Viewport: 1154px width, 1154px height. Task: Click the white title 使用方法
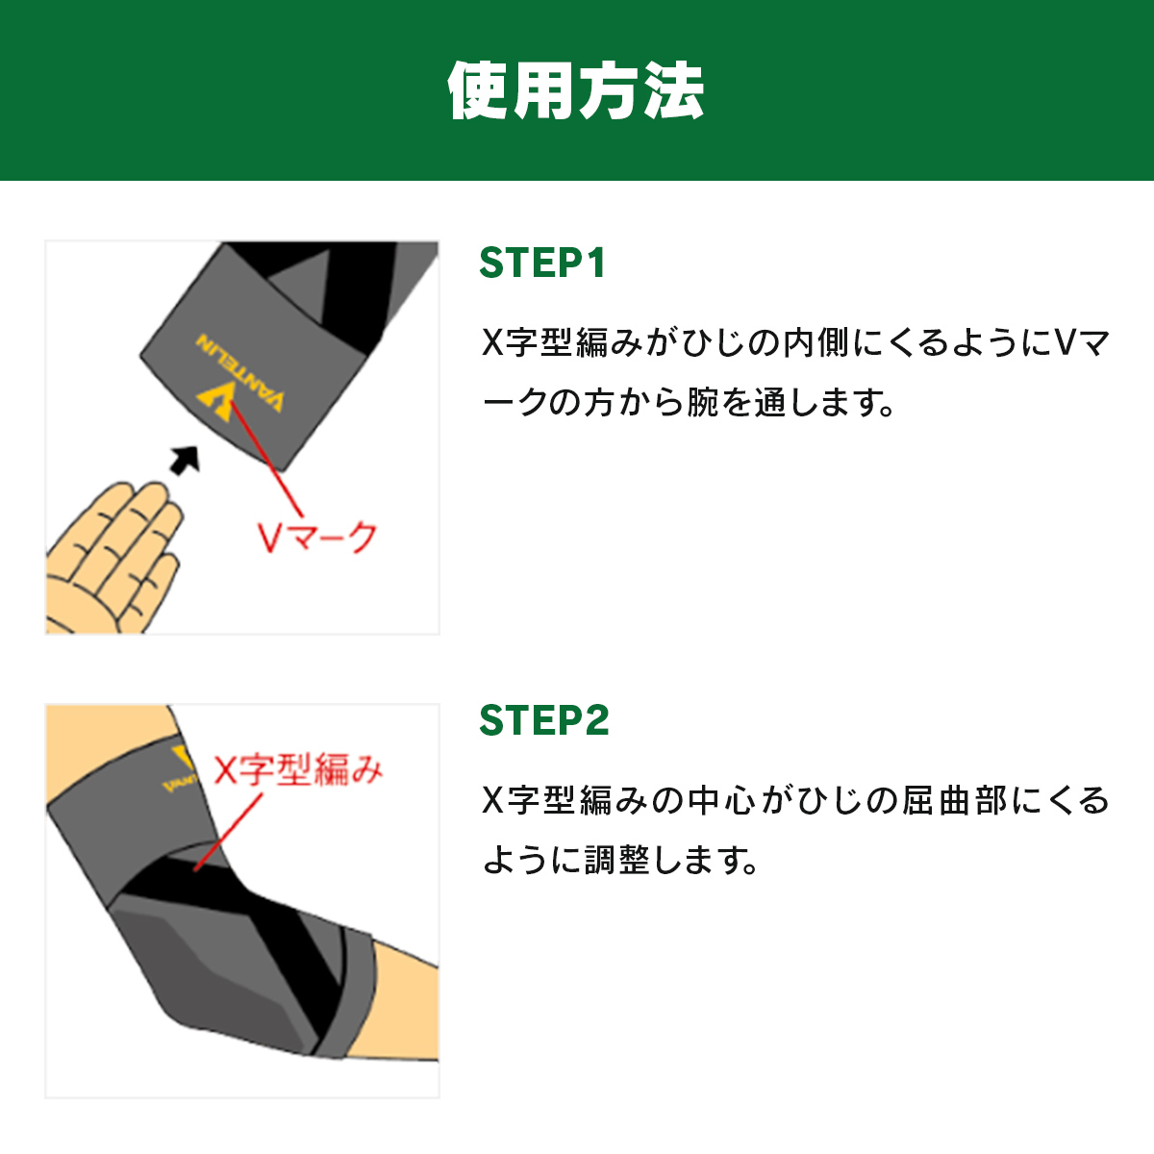tap(575, 90)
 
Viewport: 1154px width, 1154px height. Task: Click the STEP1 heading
tap(542, 263)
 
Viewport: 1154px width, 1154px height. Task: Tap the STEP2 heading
tap(543, 719)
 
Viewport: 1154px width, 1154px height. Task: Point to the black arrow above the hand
tap(185, 460)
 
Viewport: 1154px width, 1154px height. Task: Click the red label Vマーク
tap(316, 538)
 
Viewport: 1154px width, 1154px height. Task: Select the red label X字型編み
tap(298, 769)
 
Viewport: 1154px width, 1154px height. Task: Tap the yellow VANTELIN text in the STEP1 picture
tap(239, 372)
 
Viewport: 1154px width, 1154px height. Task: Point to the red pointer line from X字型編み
tap(228, 833)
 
